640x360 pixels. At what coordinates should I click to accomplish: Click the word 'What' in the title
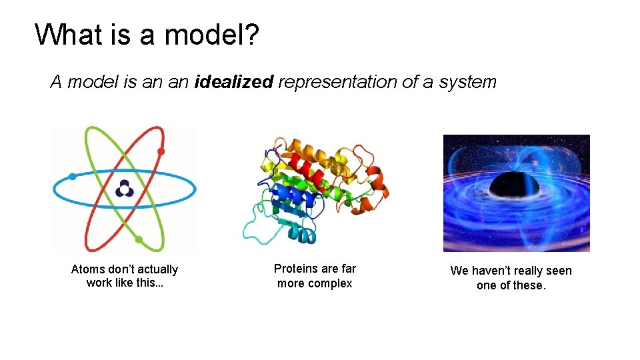(67, 35)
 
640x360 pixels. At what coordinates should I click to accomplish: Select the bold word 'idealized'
(234, 82)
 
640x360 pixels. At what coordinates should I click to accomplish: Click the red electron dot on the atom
(161, 151)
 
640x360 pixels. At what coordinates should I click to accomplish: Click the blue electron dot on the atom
(72, 177)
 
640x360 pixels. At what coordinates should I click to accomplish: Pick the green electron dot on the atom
(139, 239)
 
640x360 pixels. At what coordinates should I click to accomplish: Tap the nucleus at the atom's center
(124, 189)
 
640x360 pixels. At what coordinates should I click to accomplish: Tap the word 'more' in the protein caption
(290, 283)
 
